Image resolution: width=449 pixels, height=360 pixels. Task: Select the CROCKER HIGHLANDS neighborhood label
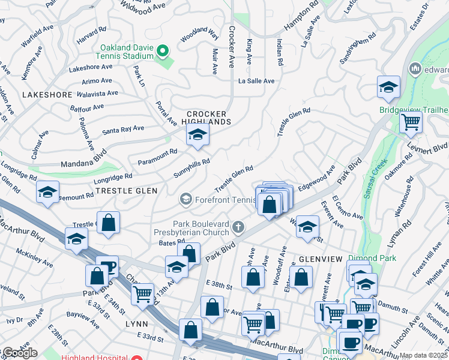pyautogui.click(x=208, y=118)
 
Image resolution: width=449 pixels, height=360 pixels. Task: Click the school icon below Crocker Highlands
pyautogui.click(x=196, y=136)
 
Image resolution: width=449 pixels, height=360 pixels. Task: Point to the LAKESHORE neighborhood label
pyautogui.click(x=47, y=95)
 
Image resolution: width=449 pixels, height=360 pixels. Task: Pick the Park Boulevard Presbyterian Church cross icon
pyautogui.click(x=239, y=227)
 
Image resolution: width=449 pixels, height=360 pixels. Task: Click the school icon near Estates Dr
pyautogui.click(x=388, y=88)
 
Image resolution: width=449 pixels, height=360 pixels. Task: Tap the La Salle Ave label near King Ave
pyautogui.click(x=256, y=81)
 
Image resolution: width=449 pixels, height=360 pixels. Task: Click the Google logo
pyautogui.click(x=19, y=353)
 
